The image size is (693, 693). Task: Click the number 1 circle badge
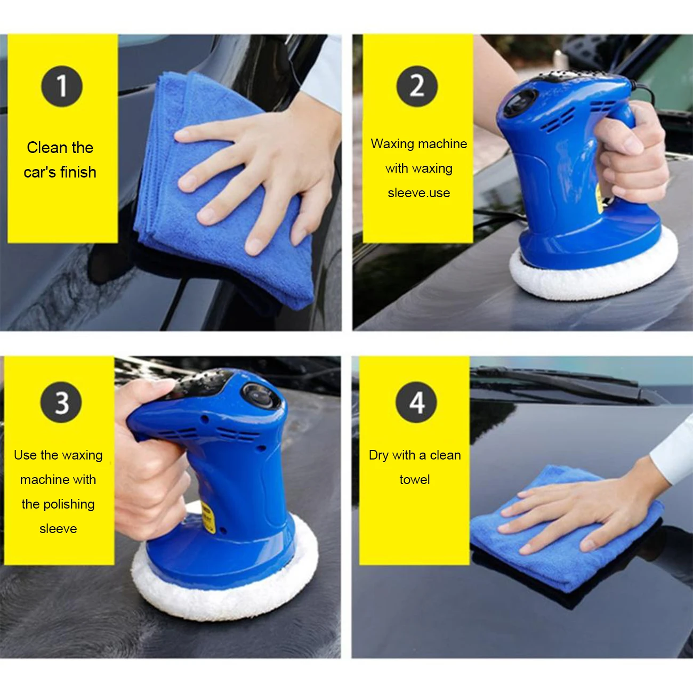[62, 86]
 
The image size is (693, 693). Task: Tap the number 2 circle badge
[417, 86]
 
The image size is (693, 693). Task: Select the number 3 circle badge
[61, 402]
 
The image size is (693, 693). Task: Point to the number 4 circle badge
[416, 402]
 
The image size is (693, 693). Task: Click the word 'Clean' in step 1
[43, 148]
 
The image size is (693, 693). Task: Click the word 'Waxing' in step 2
[392, 144]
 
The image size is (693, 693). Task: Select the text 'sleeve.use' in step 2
[418, 193]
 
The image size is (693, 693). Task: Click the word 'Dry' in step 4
[378, 455]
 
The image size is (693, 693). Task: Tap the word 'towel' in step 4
[414, 480]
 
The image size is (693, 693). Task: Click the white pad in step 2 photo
[592, 280]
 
